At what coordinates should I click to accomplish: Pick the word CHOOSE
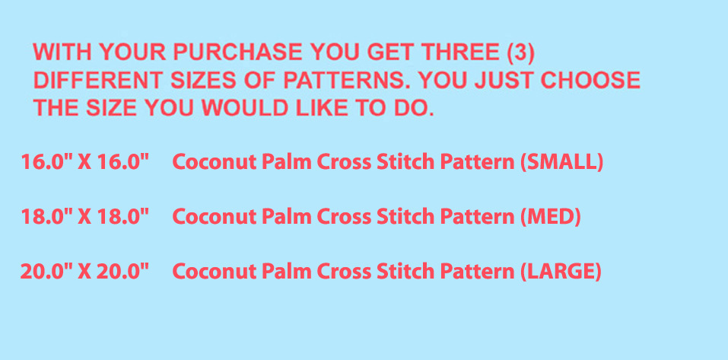pos(590,81)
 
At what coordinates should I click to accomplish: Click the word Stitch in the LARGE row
pos(405,271)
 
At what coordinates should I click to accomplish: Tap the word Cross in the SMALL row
pos(344,162)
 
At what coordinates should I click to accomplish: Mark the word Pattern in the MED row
pos(477,216)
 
